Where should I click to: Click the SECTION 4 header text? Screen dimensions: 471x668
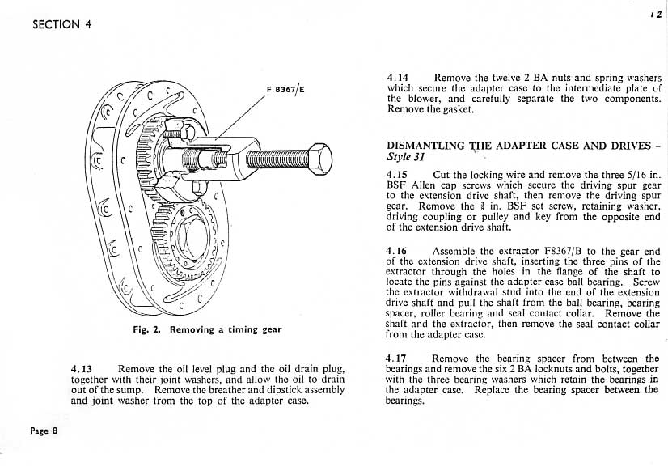[61, 23]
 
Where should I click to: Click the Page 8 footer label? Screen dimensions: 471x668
[44, 431]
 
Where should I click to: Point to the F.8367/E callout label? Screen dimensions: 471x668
[285, 89]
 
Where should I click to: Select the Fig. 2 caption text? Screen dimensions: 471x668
[207, 329]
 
